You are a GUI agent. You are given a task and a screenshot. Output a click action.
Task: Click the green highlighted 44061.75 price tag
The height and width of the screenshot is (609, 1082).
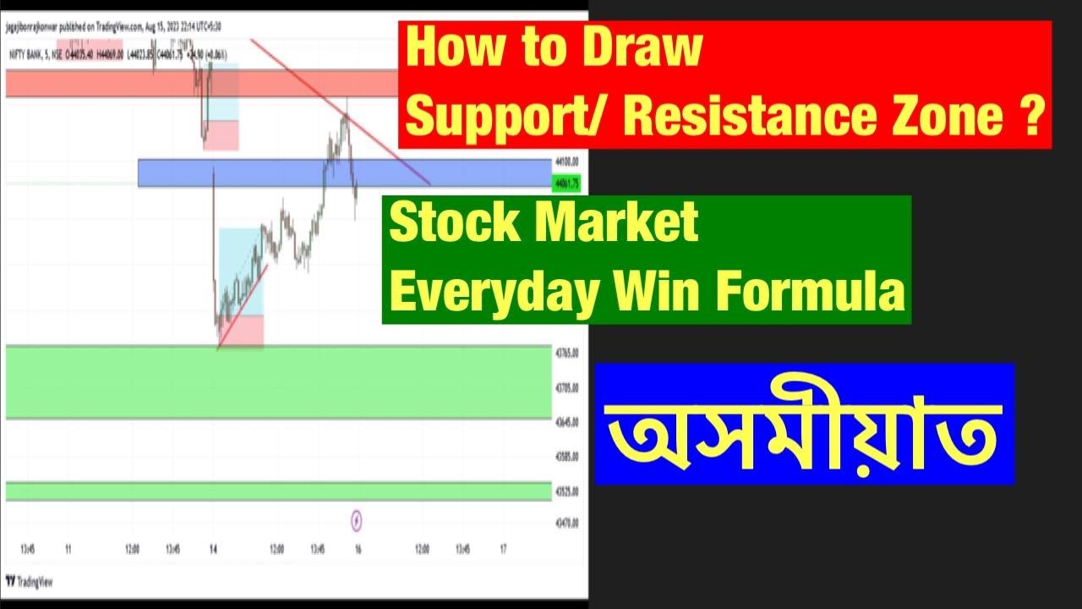(x=566, y=183)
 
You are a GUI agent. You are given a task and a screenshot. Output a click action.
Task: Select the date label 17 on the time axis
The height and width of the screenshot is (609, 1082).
(x=503, y=549)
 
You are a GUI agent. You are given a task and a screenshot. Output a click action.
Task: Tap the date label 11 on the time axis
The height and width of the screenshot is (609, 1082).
(x=68, y=549)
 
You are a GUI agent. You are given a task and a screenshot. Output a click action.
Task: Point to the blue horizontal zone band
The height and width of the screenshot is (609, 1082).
(x=254, y=173)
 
